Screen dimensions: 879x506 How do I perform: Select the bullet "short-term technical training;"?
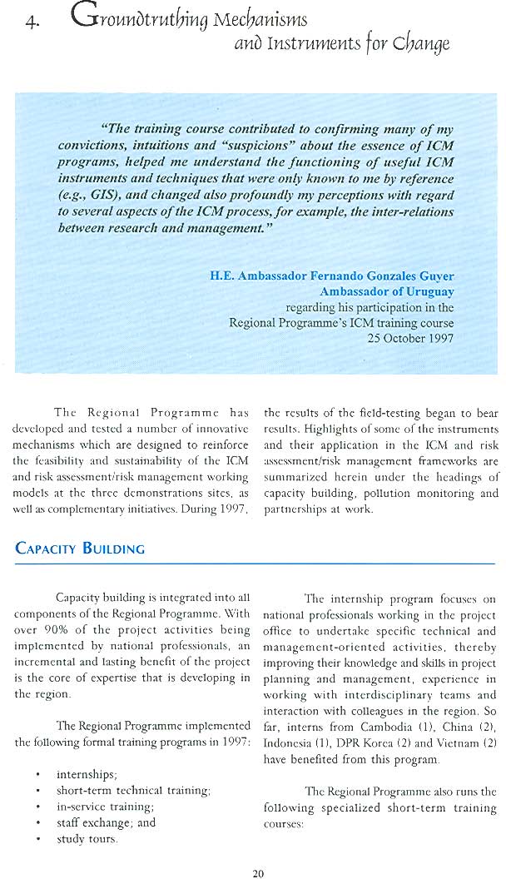pos(133,790)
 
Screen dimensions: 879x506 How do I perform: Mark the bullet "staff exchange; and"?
pos(106,822)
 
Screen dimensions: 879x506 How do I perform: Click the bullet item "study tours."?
pos(87,838)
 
